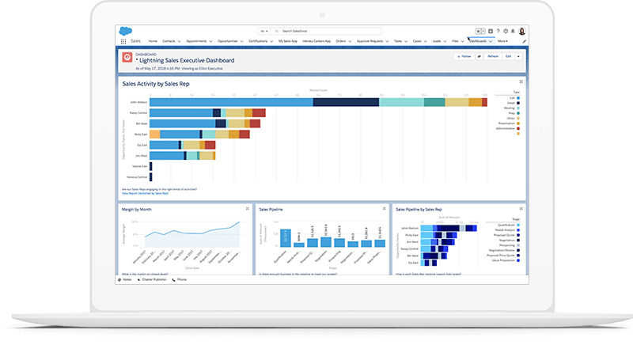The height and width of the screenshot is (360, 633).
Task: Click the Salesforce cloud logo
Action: (125, 31)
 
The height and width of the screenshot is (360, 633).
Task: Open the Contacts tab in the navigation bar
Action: (170, 40)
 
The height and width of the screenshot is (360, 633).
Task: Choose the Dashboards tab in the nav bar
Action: (479, 40)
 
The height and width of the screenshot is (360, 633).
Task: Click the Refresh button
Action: (493, 56)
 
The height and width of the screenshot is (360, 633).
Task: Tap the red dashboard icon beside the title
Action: (127, 57)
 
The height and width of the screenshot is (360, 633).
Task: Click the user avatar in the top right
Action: (522, 31)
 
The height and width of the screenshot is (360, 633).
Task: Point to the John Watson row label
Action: (138, 101)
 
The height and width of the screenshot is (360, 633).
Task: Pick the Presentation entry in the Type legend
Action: (506, 127)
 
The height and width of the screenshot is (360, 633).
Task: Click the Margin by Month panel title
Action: (137, 210)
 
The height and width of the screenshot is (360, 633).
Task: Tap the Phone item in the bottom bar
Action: (181, 279)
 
